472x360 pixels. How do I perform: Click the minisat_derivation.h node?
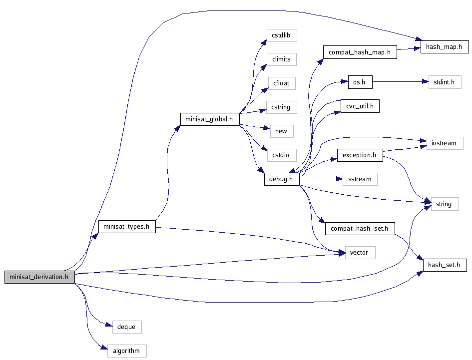(39, 277)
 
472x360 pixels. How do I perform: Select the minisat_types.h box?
(126, 226)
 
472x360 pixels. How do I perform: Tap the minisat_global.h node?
(209, 119)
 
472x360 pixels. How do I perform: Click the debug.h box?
(281, 179)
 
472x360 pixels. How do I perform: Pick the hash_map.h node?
(444, 47)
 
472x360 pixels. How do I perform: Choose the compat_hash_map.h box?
(360, 52)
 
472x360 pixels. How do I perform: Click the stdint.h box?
(445, 82)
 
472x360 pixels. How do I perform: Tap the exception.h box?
(360, 155)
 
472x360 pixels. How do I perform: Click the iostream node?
(444, 143)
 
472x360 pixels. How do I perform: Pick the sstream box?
(360, 179)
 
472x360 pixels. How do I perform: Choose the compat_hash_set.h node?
(360, 229)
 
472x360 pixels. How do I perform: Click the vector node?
(360, 252)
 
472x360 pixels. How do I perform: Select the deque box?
(126, 327)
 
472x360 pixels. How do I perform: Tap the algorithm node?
(126, 351)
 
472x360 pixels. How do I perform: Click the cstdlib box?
(281, 35)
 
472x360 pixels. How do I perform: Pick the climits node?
(281, 59)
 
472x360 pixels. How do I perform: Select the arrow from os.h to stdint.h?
(400, 82)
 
